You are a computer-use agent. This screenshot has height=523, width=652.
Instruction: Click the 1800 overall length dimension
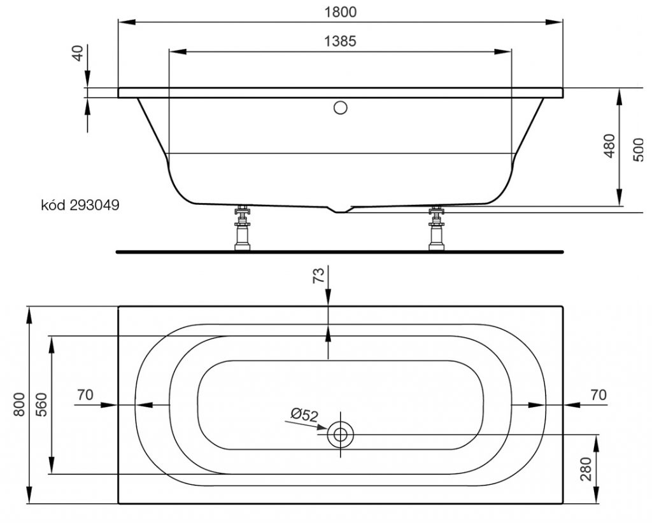(x=340, y=12)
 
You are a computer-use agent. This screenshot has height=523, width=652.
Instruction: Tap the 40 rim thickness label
(x=78, y=53)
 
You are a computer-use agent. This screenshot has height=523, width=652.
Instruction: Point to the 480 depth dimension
(x=610, y=146)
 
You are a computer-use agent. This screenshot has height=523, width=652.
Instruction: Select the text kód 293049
(x=80, y=206)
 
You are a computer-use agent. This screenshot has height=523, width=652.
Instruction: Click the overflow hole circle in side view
(x=341, y=108)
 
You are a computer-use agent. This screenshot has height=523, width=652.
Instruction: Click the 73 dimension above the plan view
(x=318, y=276)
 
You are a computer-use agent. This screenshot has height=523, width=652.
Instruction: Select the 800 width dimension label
(x=19, y=405)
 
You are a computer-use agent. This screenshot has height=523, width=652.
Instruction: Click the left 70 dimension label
(x=85, y=395)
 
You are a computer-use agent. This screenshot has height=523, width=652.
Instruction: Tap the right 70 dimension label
(x=598, y=395)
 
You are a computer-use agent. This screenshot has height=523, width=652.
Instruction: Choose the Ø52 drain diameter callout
(x=304, y=415)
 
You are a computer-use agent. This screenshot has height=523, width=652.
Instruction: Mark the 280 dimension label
(x=586, y=470)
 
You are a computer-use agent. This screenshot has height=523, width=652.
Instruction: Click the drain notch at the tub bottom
(x=341, y=209)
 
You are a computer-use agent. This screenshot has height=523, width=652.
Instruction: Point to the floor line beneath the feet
(x=340, y=251)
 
